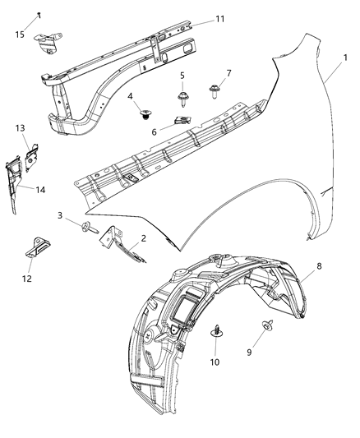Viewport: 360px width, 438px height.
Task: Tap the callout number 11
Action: [x=219, y=19]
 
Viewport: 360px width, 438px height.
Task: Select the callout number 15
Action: [x=20, y=35]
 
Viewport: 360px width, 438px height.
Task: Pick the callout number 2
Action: [x=143, y=238]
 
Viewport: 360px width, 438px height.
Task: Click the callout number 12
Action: [x=26, y=279]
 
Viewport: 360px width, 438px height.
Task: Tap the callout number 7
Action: [x=228, y=74]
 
